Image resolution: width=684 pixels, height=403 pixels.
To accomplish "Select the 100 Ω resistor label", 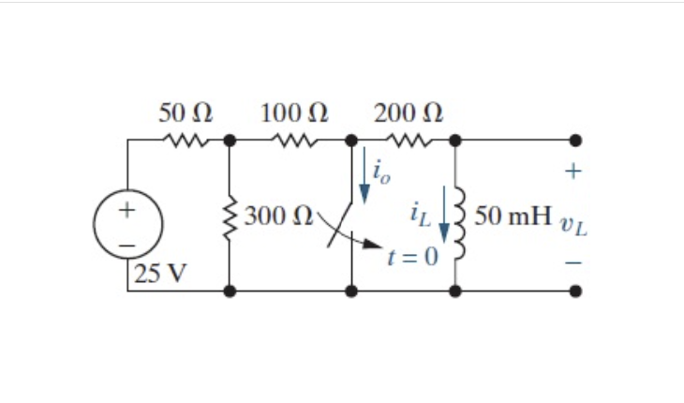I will [x=294, y=114].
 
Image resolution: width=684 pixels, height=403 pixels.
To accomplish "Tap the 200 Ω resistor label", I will [x=408, y=114].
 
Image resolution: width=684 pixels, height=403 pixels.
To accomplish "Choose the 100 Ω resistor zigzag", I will [x=294, y=142].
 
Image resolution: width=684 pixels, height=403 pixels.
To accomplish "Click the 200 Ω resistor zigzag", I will [x=408, y=142].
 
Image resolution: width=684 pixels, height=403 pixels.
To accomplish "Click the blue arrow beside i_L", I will [x=442, y=219].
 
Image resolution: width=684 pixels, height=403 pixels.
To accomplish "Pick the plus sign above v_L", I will [x=574, y=172].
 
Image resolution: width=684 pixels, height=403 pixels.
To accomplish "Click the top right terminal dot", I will [x=575, y=141].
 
